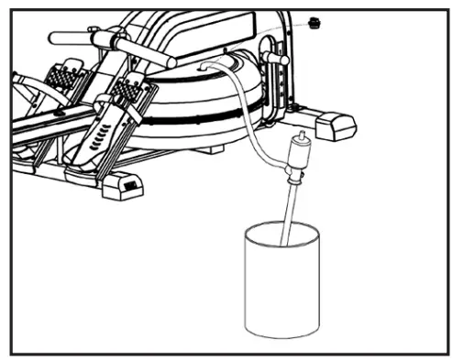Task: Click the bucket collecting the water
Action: [283, 284]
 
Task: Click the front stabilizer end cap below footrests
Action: [122, 186]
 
